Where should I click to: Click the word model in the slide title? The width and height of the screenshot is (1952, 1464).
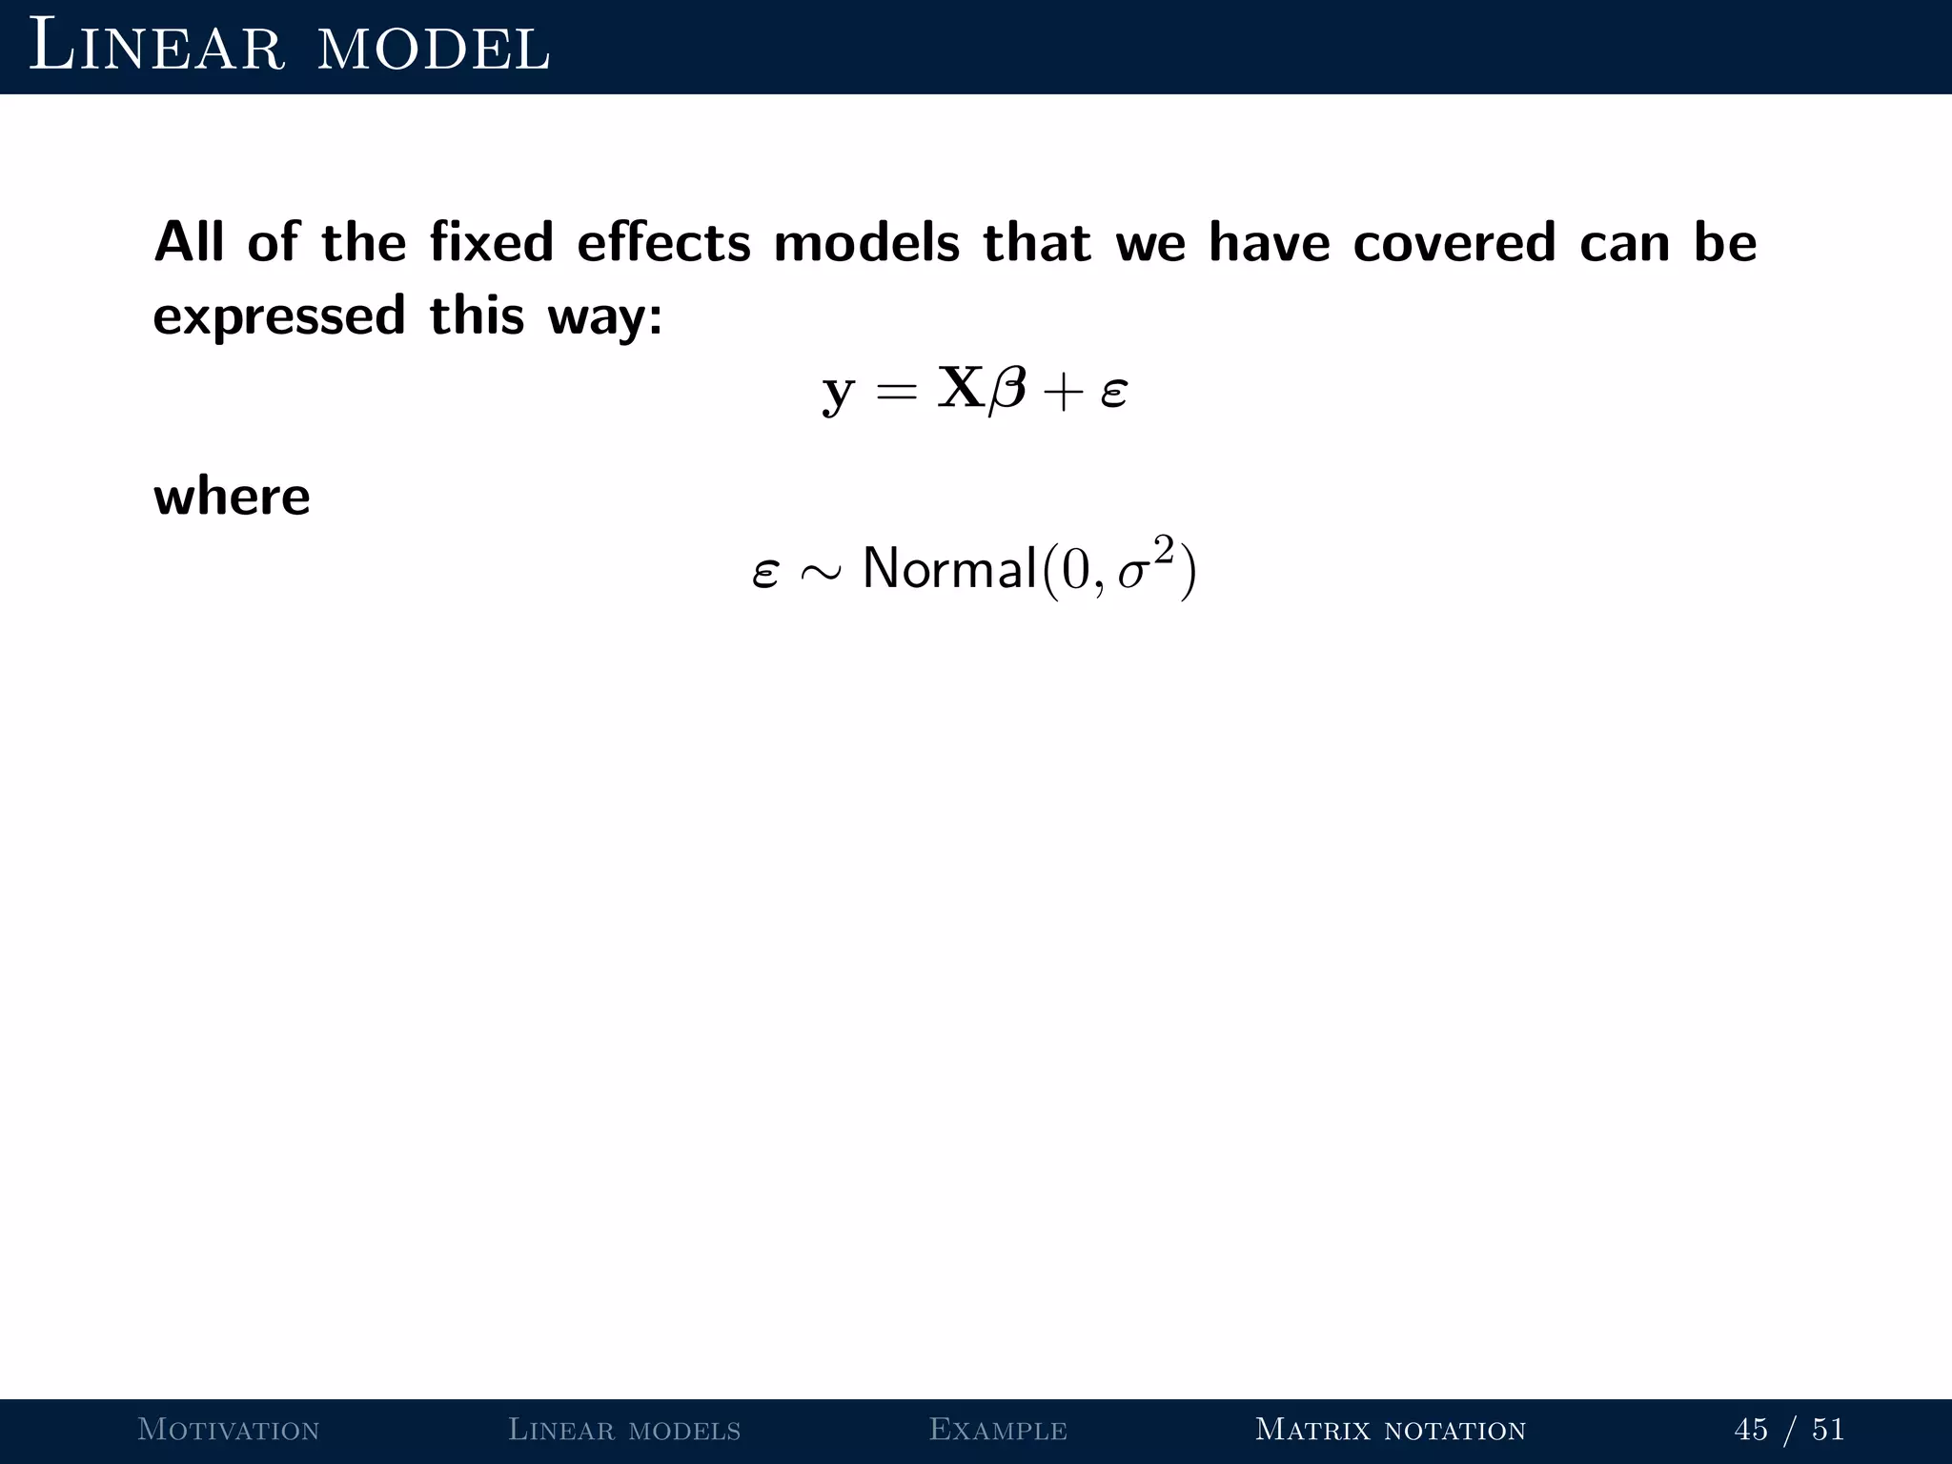click(x=434, y=48)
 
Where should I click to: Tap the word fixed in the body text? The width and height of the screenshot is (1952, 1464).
click(x=491, y=242)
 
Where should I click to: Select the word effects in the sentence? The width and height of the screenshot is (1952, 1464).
click(x=663, y=242)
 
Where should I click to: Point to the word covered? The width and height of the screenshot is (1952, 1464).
click(x=1454, y=242)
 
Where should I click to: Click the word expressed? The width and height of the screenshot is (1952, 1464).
click(x=279, y=316)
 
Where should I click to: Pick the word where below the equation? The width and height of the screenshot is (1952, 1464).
click(x=232, y=497)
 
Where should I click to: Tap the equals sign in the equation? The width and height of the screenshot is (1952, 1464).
click(x=896, y=391)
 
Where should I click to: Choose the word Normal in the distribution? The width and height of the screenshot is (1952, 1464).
click(x=949, y=569)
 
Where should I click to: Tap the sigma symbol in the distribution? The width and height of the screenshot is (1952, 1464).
click(x=1132, y=574)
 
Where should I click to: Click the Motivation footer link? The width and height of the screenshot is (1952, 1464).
click(x=229, y=1430)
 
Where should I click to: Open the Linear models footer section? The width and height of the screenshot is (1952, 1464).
click(x=624, y=1430)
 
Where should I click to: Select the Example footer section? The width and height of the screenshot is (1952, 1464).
click(x=998, y=1430)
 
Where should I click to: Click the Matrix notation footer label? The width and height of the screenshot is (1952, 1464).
click(x=1391, y=1430)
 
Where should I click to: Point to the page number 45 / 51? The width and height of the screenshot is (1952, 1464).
click(x=1789, y=1430)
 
